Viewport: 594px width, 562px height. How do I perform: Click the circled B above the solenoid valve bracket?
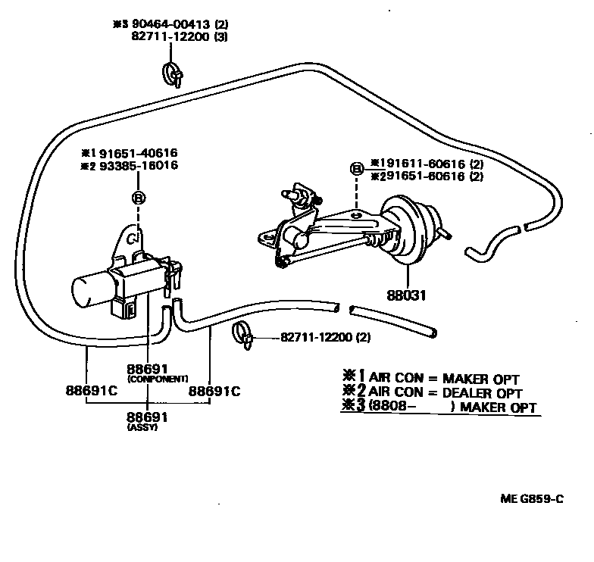point(139,197)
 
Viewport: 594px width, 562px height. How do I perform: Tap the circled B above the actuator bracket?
point(357,168)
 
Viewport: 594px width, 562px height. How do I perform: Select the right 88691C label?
point(214,392)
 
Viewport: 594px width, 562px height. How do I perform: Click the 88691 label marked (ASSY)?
point(147,417)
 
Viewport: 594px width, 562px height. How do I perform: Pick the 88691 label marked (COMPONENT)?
point(147,369)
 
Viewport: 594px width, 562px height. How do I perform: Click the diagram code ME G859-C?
point(533,498)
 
